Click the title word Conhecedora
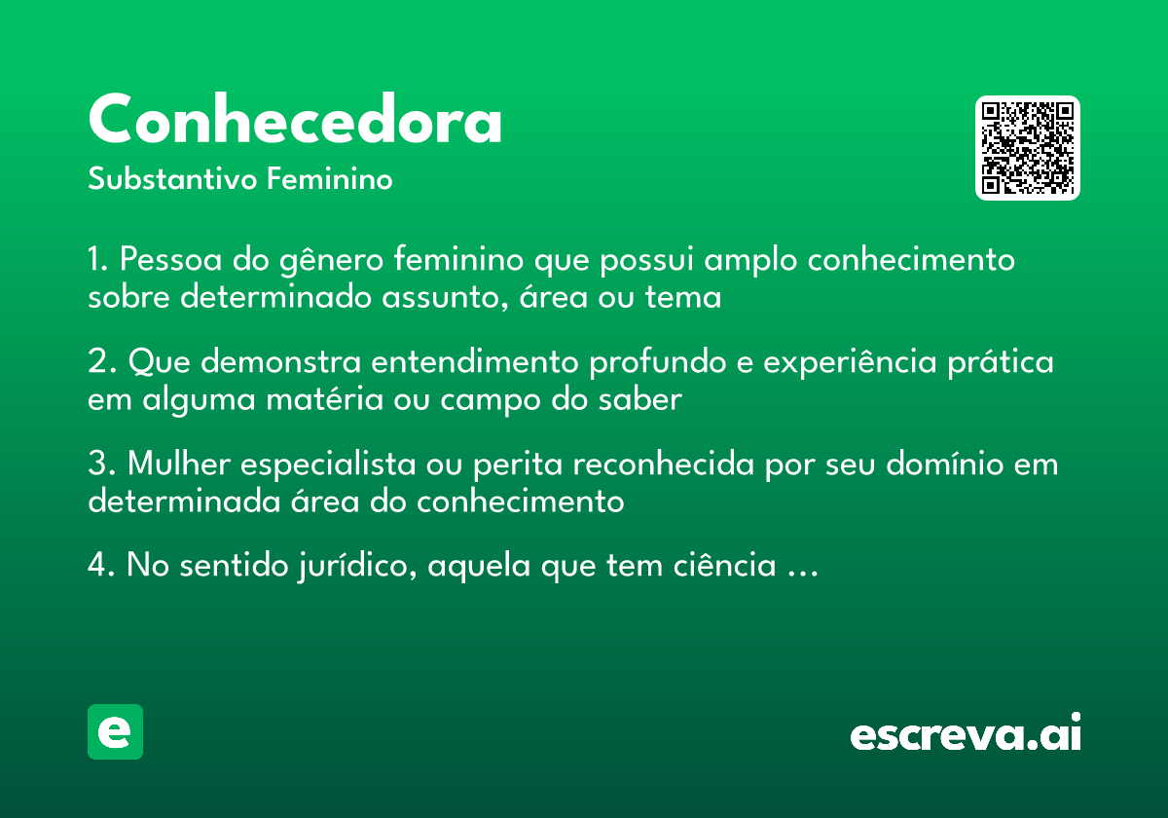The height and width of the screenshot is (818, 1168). tap(295, 121)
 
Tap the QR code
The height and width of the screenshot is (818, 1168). tap(1028, 148)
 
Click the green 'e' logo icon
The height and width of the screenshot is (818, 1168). tap(115, 731)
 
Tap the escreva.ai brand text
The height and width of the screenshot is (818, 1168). tap(966, 734)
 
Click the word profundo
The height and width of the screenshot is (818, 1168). tap(653, 363)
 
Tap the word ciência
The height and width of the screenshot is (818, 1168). tap(720, 566)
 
